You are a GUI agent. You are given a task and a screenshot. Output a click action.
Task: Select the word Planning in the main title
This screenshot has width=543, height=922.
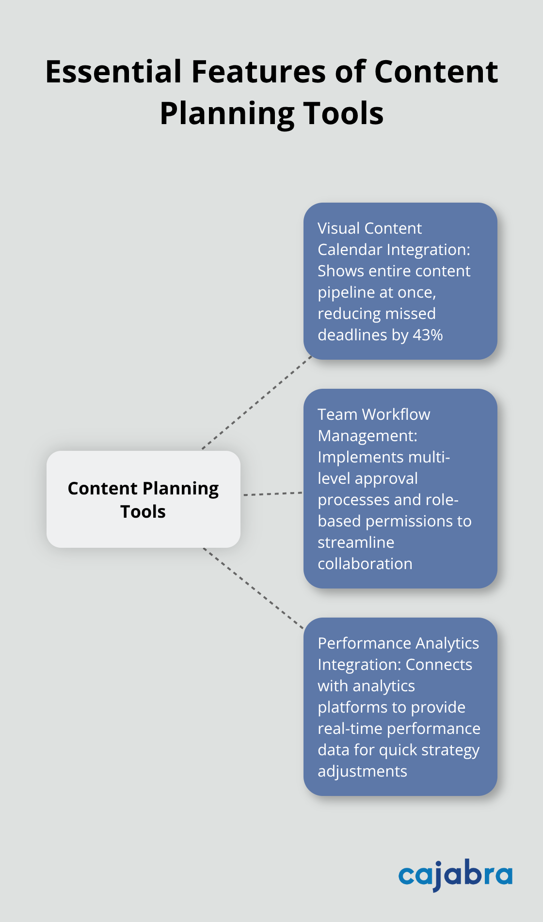(x=226, y=113)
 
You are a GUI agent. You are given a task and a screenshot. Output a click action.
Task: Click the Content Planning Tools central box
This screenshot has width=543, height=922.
(x=144, y=499)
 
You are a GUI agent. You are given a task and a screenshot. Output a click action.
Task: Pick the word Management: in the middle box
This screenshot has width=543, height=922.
(x=367, y=436)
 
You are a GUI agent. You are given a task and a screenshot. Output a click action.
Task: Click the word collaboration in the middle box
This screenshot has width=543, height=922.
(x=365, y=564)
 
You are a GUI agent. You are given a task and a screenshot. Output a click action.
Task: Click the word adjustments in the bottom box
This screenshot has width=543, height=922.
(x=362, y=771)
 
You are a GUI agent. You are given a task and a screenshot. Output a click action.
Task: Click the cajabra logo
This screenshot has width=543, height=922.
(x=455, y=874)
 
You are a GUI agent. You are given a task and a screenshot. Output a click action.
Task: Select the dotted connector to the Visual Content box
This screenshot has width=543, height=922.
(x=257, y=402)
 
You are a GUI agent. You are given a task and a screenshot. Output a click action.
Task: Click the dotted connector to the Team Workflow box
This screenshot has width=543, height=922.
(x=272, y=494)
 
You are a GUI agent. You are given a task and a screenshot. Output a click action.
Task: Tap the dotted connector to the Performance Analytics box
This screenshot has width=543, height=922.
(x=253, y=588)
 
